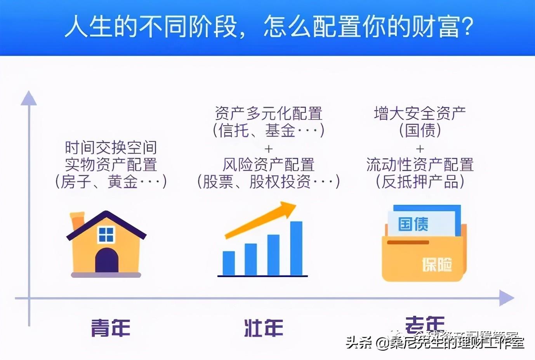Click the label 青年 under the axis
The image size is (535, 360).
(111, 328)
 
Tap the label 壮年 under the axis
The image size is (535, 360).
(264, 328)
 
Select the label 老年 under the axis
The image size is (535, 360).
(425, 324)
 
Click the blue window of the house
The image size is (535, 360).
(106, 234)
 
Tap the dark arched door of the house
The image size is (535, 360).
(107, 261)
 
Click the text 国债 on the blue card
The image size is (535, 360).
(413, 224)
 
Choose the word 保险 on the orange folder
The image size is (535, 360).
(437, 265)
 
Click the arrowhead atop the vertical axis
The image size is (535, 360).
(28, 98)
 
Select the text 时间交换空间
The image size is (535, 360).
(111, 148)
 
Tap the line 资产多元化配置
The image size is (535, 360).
(268, 113)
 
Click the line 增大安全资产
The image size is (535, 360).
(420, 113)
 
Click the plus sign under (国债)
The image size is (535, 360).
(420, 149)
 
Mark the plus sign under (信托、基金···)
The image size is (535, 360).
(268, 149)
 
